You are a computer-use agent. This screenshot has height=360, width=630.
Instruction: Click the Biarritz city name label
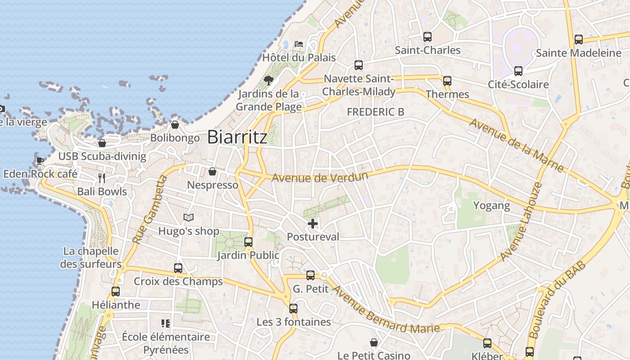pyautogui.click(x=237, y=137)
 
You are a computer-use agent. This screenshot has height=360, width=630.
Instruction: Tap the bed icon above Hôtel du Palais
pyautogui.click(x=299, y=44)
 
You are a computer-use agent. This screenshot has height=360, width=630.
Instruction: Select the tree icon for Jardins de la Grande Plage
pyautogui.click(x=269, y=81)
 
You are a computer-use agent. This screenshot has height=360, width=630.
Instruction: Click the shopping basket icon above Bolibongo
pyautogui.click(x=175, y=125)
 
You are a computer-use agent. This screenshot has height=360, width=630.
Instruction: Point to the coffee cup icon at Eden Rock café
pyautogui.click(x=40, y=160)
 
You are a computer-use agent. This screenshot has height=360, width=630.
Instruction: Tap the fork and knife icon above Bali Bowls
pyautogui.click(x=102, y=178)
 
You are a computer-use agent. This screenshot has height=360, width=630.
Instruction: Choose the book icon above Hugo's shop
pyautogui.click(x=189, y=218)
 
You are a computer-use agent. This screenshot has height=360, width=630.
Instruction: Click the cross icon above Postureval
pyautogui.click(x=313, y=223)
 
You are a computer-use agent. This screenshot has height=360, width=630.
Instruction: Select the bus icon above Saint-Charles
pyautogui.click(x=427, y=37)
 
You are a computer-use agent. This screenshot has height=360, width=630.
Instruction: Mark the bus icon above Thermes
pyautogui.click(x=447, y=81)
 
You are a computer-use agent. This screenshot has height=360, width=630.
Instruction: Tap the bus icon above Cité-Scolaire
pyautogui.click(x=518, y=71)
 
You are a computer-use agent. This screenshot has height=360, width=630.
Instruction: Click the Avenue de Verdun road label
pyautogui.click(x=319, y=177)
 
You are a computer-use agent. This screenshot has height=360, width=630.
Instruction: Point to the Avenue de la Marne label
pyautogui.click(x=516, y=145)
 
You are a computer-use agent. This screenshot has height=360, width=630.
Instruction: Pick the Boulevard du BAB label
pyautogui.click(x=558, y=300)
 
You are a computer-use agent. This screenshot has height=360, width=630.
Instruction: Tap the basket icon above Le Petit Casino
pyautogui.click(x=373, y=343)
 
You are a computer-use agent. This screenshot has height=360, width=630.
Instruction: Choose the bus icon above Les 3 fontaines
pyautogui.click(x=293, y=309)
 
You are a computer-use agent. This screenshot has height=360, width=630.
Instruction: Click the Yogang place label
pyautogui.click(x=491, y=206)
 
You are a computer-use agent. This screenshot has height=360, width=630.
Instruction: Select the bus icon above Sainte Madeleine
pyautogui.click(x=579, y=40)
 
